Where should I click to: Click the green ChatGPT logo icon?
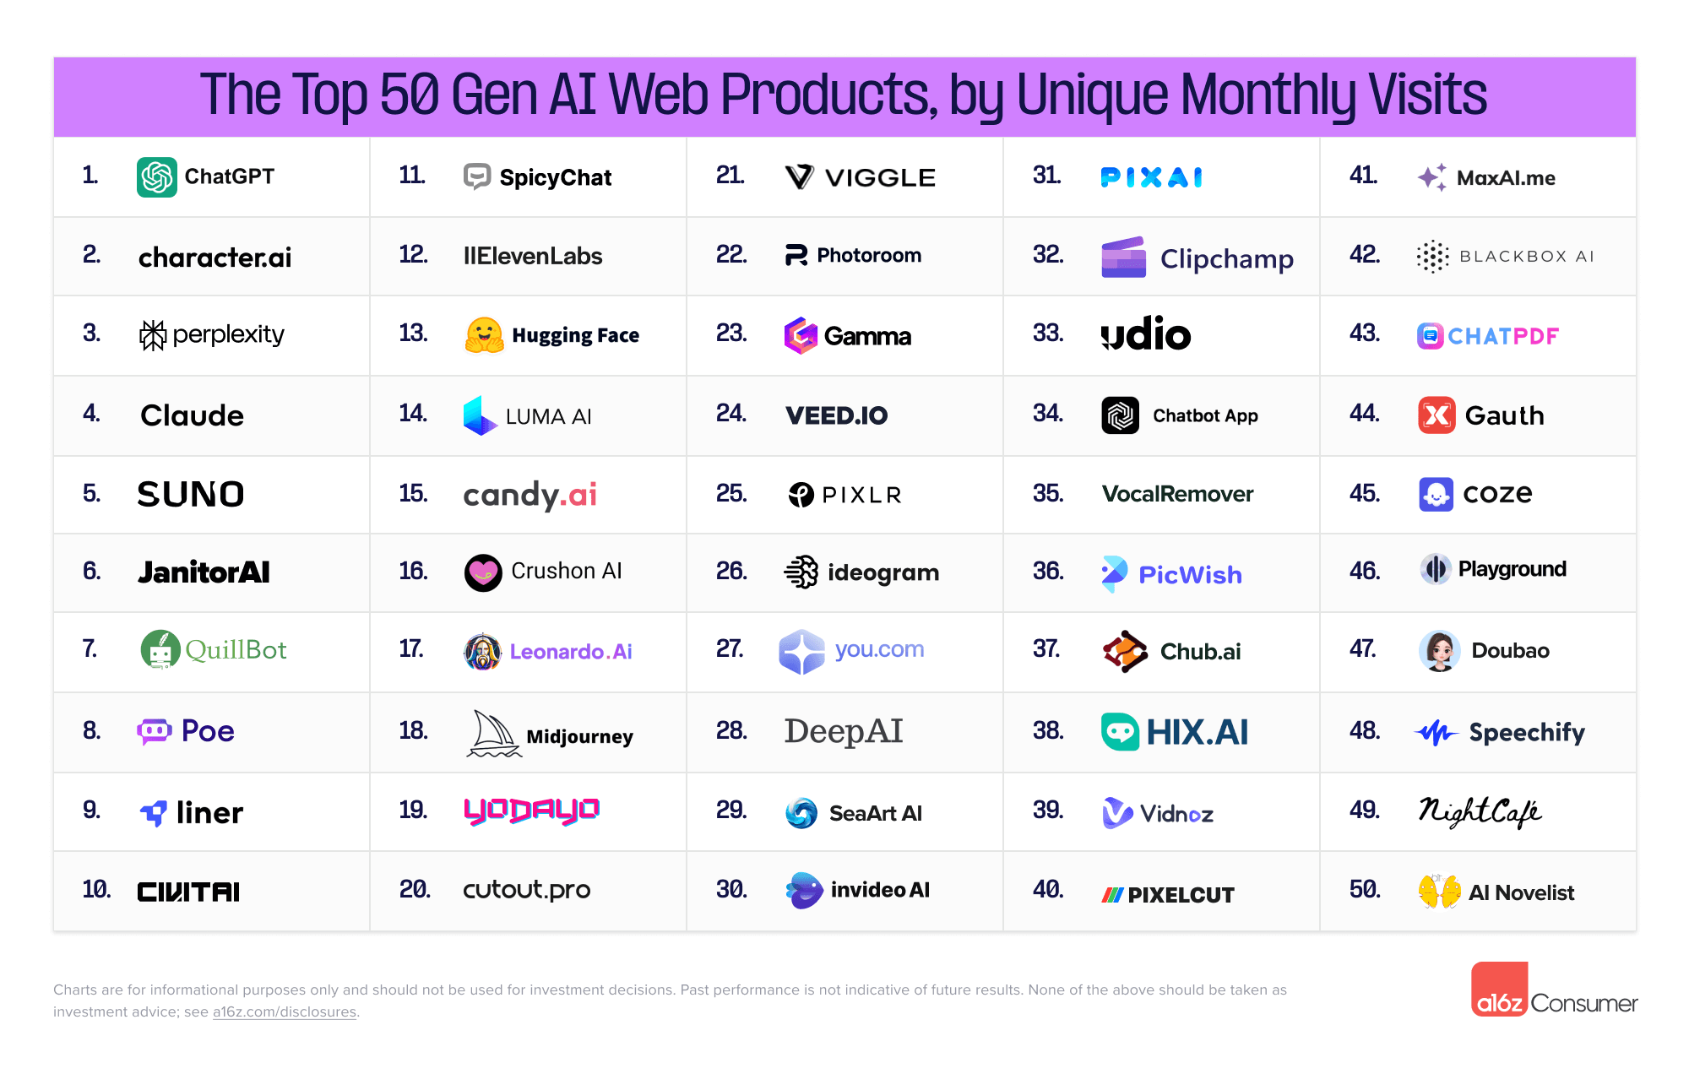pos(157,177)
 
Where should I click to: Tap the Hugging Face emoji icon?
pos(484,335)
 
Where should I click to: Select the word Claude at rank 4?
pos(192,415)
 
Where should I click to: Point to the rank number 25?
pos(731,494)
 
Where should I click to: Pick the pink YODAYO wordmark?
pos(531,811)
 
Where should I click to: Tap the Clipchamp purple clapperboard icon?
pos(1123,258)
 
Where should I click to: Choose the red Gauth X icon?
pos(1436,415)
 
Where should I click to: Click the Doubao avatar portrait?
pos(1439,651)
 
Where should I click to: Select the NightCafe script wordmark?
pos(1480,811)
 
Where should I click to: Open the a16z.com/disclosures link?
pos(284,1011)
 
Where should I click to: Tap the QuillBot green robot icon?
pos(160,650)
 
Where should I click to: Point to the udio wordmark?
pos(1146,334)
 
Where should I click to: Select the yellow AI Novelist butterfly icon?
pos(1439,892)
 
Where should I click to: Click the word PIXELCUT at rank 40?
pos(1181,895)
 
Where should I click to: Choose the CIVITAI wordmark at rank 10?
pos(188,892)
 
